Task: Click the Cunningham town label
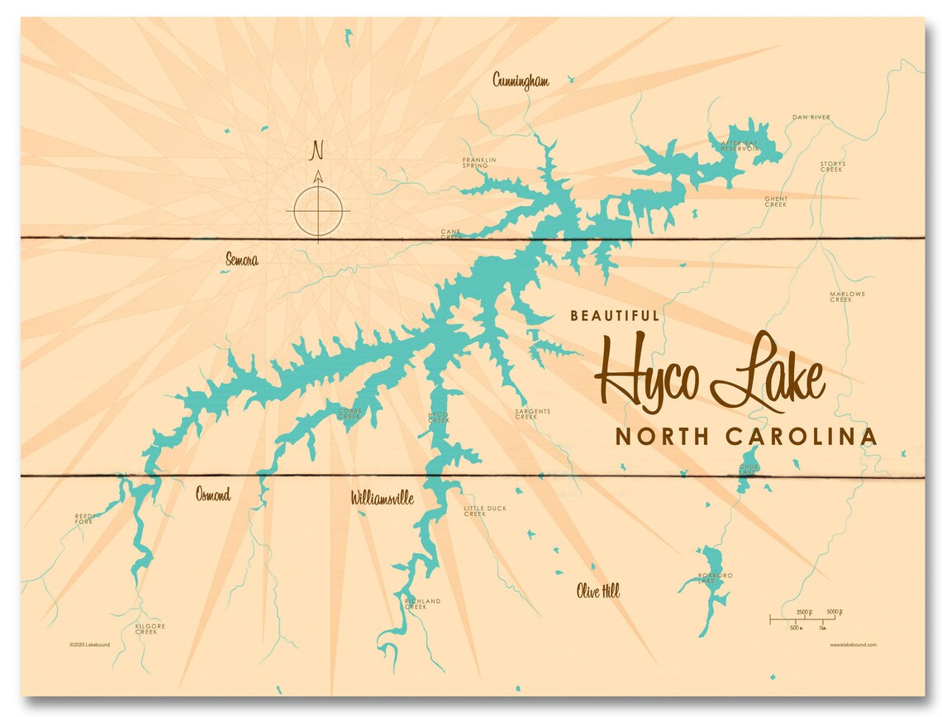click(x=521, y=80)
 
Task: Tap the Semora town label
click(x=241, y=261)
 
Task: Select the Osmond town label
click(x=213, y=495)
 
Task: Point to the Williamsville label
click(x=382, y=499)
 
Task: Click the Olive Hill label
click(x=597, y=591)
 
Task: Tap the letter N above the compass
click(x=316, y=151)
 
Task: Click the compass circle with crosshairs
click(x=318, y=209)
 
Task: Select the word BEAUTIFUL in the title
click(x=615, y=315)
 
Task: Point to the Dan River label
click(x=811, y=117)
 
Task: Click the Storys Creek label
click(x=832, y=166)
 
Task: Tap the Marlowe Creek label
click(x=840, y=296)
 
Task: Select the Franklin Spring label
click(x=479, y=162)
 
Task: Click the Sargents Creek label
click(x=532, y=413)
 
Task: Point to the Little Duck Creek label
click(x=485, y=511)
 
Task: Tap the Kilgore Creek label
click(x=150, y=629)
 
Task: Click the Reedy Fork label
click(x=87, y=519)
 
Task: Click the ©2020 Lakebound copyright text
click(x=91, y=643)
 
